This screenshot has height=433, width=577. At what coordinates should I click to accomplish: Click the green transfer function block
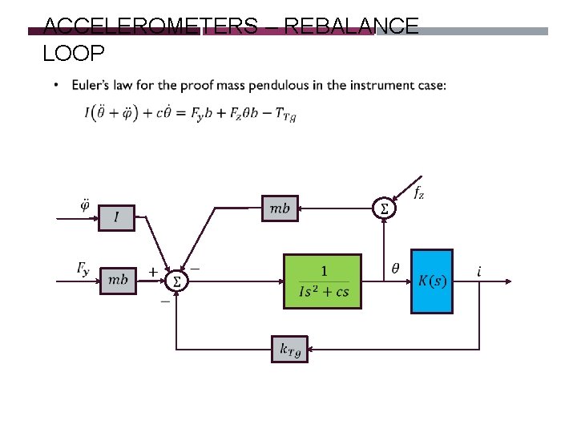[x=323, y=281]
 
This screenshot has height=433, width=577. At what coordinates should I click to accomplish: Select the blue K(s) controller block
[x=431, y=281]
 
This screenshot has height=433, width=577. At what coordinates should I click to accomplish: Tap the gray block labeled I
[x=117, y=217]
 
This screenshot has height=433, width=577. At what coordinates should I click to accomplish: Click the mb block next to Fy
[x=118, y=279]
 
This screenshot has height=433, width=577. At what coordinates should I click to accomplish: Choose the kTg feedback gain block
[x=289, y=350]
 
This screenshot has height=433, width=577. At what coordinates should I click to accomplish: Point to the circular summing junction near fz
[x=385, y=208]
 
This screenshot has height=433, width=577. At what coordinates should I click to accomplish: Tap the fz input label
[x=418, y=192]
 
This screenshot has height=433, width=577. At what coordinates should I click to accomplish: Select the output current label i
[x=479, y=272]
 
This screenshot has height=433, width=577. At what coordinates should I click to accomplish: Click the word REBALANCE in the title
[x=351, y=26]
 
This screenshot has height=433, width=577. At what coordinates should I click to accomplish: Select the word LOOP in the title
[x=74, y=53]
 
